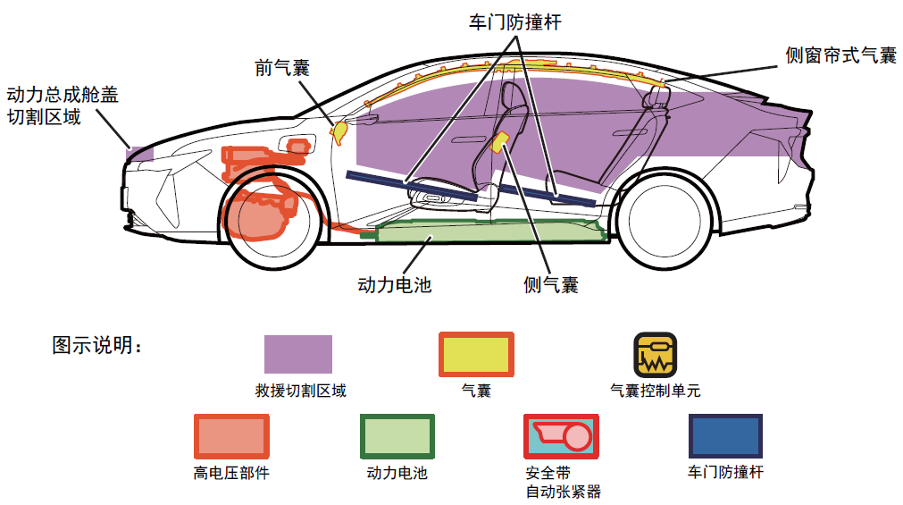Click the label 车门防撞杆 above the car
click(x=515, y=22)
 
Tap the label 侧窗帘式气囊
click(x=840, y=55)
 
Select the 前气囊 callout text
click(x=282, y=69)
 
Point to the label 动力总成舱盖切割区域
click(x=62, y=105)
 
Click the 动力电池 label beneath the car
click(x=394, y=285)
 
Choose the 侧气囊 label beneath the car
click(x=551, y=285)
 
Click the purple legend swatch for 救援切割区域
click(x=297, y=354)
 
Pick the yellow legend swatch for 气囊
click(x=476, y=354)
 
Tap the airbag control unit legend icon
click(x=655, y=354)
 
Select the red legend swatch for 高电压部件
click(x=231, y=436)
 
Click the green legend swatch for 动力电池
click(x=397, y=436)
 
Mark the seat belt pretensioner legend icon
click(x=560, y=436)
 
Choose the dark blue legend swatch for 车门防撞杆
click(x=725, y=436)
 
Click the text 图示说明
click(x=97, y=346)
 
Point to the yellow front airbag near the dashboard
click(x=339, y=131)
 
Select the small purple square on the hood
click(x=141, y=152)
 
